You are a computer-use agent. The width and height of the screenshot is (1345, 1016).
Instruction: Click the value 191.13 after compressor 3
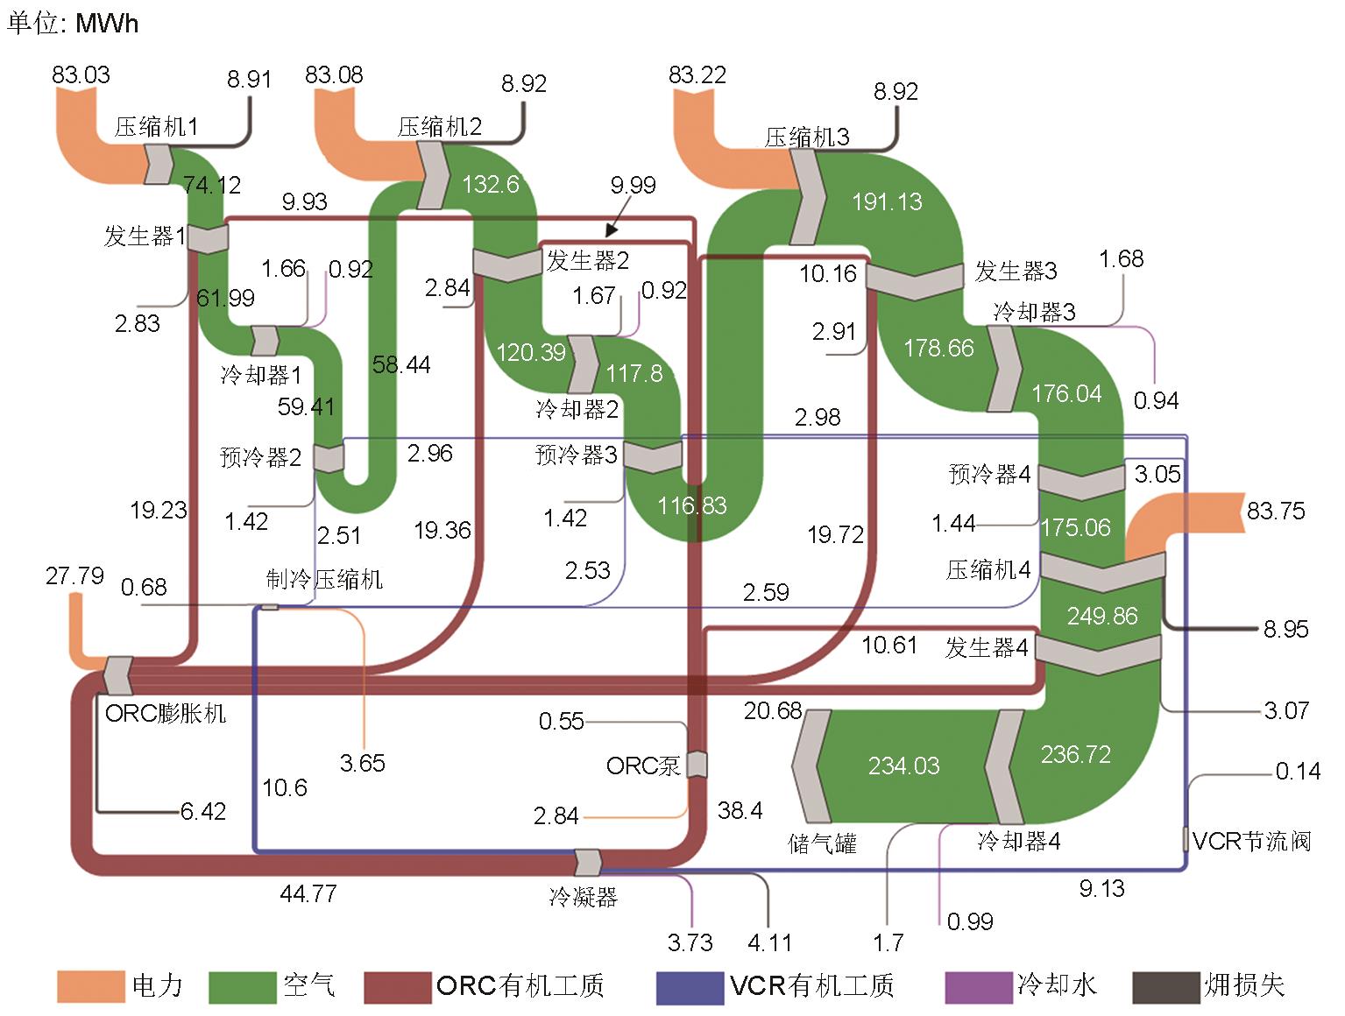point(887,202)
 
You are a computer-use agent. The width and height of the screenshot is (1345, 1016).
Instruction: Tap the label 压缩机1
point(156,127)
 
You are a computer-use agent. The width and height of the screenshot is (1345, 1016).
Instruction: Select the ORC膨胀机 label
point(165,713)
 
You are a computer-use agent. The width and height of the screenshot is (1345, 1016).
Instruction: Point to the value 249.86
point(1101,616)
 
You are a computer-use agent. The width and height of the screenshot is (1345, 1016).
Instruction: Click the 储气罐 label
point(822,843)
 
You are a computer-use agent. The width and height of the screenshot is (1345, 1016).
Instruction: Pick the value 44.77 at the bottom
point(308,894)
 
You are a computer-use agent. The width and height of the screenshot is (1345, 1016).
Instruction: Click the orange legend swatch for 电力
point(90,986)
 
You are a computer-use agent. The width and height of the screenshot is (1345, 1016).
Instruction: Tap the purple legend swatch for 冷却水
point(979,986)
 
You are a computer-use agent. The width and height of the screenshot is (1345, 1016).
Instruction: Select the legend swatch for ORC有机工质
point(397,986)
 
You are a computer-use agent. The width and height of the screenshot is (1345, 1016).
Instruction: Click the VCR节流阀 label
point(1251,842)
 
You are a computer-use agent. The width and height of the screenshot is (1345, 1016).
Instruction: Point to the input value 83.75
point(1275,511)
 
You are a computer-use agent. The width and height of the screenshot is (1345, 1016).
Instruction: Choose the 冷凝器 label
point(584,897)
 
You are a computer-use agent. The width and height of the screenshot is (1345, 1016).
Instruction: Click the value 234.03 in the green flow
point(903,766)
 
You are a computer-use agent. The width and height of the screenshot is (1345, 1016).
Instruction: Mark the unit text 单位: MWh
point(73,22)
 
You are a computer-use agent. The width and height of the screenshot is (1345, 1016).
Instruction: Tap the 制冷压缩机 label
point(324,579)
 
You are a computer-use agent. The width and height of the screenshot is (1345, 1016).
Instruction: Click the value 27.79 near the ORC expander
point(74,576)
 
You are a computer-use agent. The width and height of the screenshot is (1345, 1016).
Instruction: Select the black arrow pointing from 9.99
point(619,220)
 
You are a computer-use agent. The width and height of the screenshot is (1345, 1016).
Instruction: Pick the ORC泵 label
point(643,766)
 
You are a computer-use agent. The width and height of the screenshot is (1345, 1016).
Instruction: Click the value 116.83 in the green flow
point(692,505)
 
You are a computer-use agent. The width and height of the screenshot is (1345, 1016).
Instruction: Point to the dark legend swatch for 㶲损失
point(1165,986)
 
